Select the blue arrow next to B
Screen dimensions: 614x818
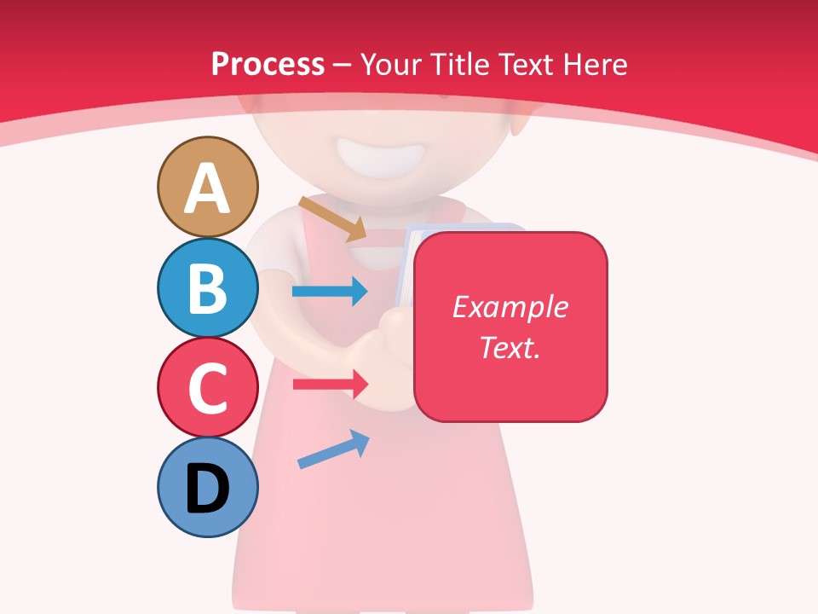point(330,292)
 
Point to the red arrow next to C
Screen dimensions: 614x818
point(330,384)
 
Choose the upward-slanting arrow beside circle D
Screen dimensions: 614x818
point(333,450)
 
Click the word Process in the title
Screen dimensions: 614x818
point(268,64)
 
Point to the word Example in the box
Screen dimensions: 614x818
point(510,307)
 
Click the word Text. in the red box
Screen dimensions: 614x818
point(510,347)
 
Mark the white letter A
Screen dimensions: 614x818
point(207,189)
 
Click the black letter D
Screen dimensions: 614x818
point(207,489)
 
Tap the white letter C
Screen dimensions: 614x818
point(207,389)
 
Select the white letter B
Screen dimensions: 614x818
point(207,289)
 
